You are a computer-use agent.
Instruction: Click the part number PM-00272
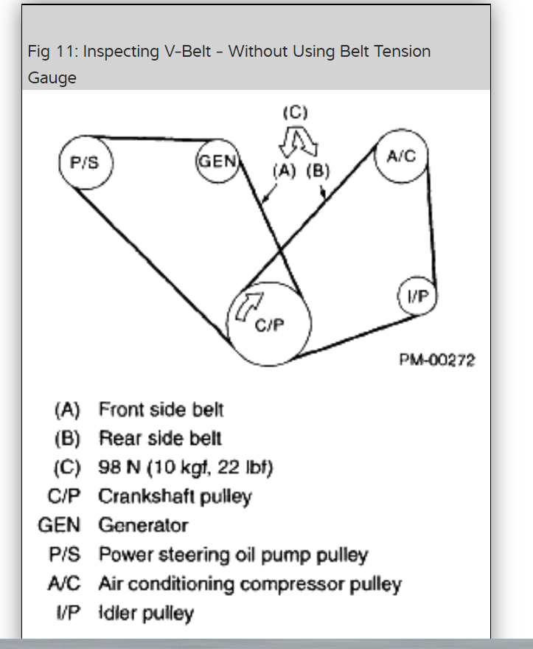tap(438, 361)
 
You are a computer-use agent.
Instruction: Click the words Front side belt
tap(161, 409)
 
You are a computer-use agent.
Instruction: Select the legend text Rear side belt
tap(160, 438)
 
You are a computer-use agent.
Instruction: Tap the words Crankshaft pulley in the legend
tap(175, 496)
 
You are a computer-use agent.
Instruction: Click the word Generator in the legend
tap(143, 525)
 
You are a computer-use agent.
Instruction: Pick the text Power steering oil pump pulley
tap(233, 555)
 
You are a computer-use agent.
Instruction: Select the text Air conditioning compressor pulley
tap(250, 584)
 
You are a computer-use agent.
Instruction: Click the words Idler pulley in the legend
tap(146, 613)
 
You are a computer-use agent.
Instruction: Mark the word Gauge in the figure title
tap(52, 77)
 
